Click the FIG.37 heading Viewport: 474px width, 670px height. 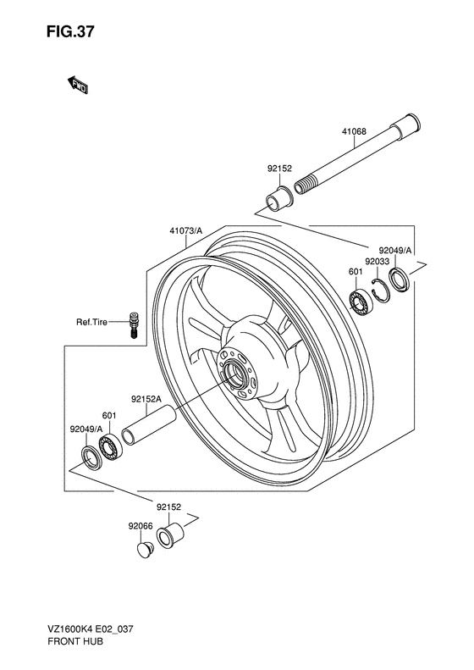70,32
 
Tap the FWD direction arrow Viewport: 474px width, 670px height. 78,85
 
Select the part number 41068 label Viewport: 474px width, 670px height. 354,131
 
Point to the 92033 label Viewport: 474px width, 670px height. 377,261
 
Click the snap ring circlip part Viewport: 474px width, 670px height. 380,291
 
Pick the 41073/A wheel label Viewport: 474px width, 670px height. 185,231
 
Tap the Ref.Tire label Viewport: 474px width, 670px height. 91,322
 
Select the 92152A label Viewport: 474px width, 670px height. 146,400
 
